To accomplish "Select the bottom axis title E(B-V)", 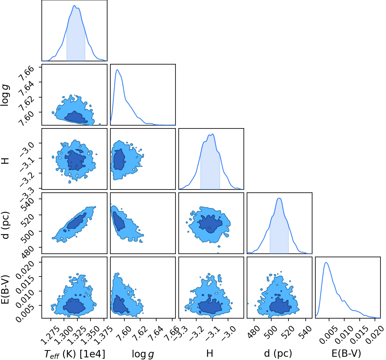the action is coord(346,353).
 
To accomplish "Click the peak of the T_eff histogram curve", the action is coord(74,5).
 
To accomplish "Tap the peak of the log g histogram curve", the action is coord(117,69).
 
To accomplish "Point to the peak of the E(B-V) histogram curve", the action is coord(326,262).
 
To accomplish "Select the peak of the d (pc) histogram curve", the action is coord(279,198).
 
